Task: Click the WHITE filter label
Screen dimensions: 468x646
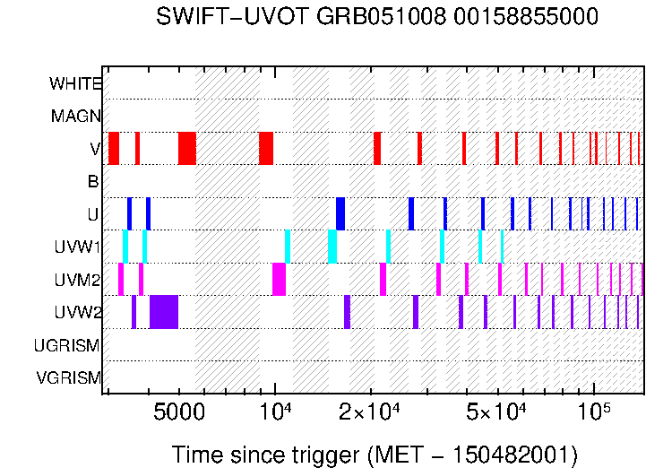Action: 75,83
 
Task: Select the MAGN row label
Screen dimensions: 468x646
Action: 76,116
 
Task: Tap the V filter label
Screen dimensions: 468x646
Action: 95,149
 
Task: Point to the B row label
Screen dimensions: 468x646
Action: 93,182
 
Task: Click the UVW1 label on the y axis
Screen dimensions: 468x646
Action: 78,247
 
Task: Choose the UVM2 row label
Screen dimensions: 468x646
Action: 77,280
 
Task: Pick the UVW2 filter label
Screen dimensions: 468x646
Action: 77,312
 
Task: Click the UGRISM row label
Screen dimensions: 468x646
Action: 67,345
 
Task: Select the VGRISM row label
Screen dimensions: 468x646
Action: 68,377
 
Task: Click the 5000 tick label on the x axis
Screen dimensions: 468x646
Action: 180,413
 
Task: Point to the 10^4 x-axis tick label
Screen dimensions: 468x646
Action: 275,412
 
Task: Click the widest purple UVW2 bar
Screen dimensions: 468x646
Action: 164,312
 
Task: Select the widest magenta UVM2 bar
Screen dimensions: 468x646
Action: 279,279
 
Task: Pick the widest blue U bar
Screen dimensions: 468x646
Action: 340,213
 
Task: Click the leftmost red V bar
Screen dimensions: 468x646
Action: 114,148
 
